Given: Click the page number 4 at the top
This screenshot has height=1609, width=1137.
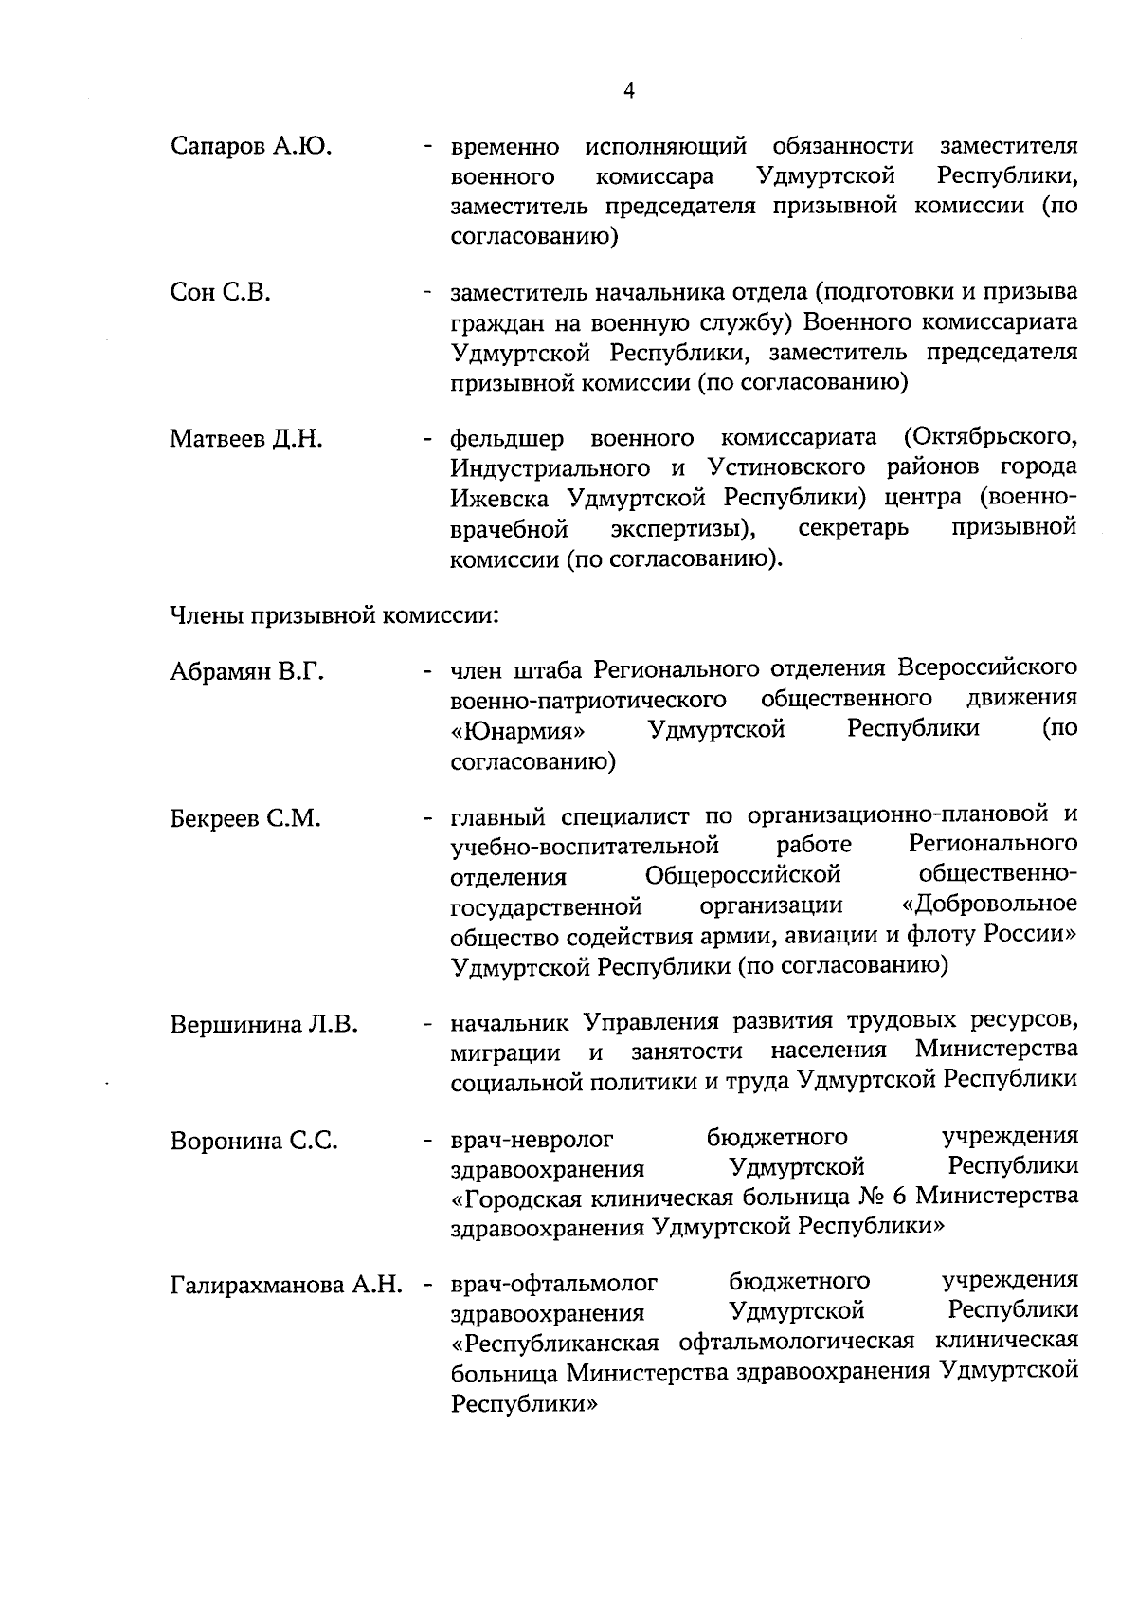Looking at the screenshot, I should [x=629, y=91].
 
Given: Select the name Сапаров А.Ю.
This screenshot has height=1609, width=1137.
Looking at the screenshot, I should [x=251, y=147].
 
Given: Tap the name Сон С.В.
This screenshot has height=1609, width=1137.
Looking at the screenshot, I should [x=220, y=293].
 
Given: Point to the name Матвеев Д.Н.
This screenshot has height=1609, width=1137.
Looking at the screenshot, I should [x=246, y=440].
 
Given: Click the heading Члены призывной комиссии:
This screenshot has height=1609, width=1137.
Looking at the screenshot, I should [x=334, y=615].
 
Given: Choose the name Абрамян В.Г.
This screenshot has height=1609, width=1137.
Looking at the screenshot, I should [x=247, y=673].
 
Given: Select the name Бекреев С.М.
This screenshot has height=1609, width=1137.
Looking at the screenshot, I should [x=246, y=818].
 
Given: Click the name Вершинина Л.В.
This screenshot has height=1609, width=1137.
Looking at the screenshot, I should [x=264, y=1025].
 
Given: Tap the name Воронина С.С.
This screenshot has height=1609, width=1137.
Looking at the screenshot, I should [x=254, y=1142].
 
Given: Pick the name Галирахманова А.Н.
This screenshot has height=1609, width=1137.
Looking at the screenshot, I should [x=286, y=1287].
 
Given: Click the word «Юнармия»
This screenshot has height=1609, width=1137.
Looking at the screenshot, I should [x=517, y=732].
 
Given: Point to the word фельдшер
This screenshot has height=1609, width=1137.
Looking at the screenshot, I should [x=507, y=439].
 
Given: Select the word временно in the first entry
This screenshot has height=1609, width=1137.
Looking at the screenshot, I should [x=505, y=148].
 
